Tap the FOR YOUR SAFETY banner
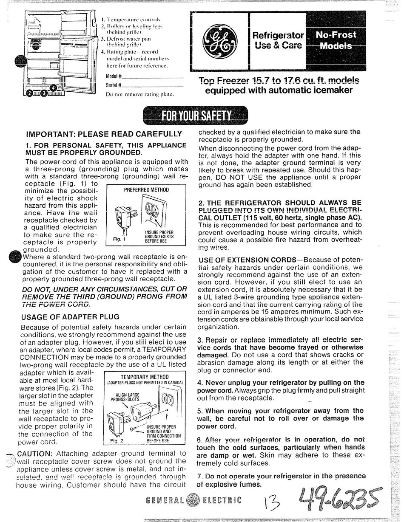click(x=196, y=115)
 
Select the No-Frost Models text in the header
click(x=336, y=41)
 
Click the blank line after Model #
click(x=153, y=78)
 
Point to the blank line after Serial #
click(x=153, y=86)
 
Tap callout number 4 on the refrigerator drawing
click(x=53, y=88)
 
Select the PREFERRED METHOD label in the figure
click(x=146, y=189)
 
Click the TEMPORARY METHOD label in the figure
click(x=145, y=377)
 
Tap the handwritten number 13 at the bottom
click(x=272, y=503)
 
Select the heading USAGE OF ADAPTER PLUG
click(x=70, y=316)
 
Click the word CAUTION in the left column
click(x=34, y=453)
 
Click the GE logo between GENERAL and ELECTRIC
click(x=193, y=500)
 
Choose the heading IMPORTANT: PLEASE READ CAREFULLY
click(x=104, y=134)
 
